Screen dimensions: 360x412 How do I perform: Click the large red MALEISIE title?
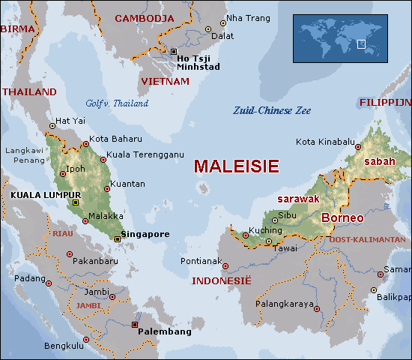tap(236, 166)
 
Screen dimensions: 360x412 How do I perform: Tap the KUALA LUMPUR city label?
tap(36, 195)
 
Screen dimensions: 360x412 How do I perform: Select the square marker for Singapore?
tap(117, 238)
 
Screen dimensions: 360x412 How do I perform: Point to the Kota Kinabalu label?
tap(325, 142)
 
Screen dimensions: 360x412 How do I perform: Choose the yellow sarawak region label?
tap(299, 199)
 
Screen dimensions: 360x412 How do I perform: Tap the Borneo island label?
tap(342, 218)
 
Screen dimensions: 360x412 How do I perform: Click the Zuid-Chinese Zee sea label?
tap(271, 110)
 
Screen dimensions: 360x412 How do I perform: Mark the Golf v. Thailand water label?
tap(117, 103)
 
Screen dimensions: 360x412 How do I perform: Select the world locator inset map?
tap(339, 38)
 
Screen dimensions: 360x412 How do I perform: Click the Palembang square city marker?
tap(135, 325)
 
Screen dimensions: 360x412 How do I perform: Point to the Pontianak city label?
tap(202, 262)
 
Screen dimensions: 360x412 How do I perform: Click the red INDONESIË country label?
tap(222, 281)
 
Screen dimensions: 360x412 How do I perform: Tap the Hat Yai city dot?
tap(52, 126)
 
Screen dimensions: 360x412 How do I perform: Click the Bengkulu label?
tap(63, 346)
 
